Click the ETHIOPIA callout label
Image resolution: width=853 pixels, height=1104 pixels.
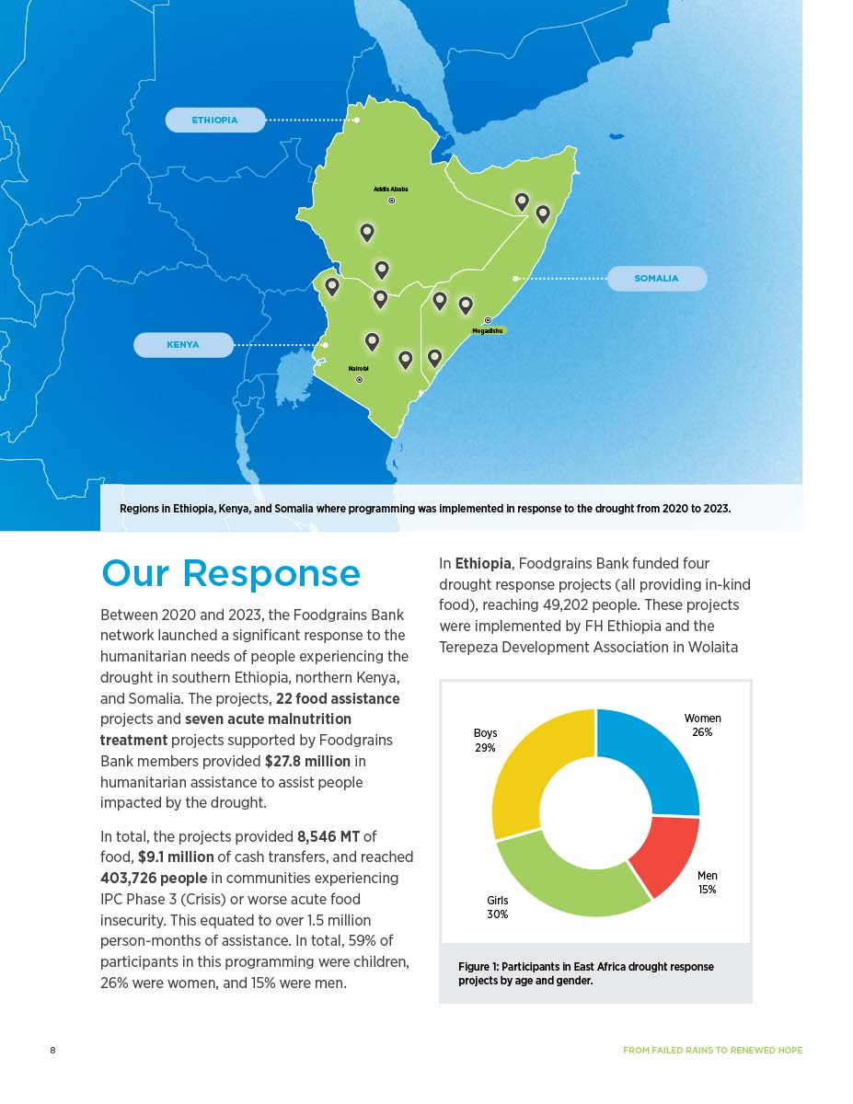point(214,121)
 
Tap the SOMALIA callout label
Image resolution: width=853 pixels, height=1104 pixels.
point(656,279)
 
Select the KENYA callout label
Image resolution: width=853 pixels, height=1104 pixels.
point(183,345)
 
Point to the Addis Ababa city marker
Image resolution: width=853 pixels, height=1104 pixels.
point(391,200)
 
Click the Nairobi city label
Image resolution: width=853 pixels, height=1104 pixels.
point(358,368)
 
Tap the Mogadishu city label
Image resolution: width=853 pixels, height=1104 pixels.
point(488,330)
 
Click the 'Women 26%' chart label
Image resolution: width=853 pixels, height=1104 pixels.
point(702,725)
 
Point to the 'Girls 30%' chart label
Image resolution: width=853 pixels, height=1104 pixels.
point(497,907)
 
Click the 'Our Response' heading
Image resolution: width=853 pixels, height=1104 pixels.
point(231,573)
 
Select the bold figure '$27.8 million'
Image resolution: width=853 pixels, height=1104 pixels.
point(307,761)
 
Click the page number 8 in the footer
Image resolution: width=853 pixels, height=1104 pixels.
point(52,1050)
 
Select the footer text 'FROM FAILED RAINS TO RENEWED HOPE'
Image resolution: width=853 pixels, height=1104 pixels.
point(712,1050)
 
